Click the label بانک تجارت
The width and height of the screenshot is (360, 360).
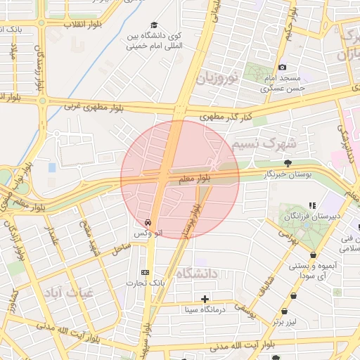[x=145, y=283]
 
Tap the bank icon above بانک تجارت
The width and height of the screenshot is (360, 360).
[x=146, y=272]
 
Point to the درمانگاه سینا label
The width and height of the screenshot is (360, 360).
[x=205, y=309]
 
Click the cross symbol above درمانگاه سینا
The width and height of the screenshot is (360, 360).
[x=205, y=299]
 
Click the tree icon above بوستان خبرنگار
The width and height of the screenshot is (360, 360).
[x=287, y=163]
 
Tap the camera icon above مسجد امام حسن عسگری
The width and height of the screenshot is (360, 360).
[x=283, y=67]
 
